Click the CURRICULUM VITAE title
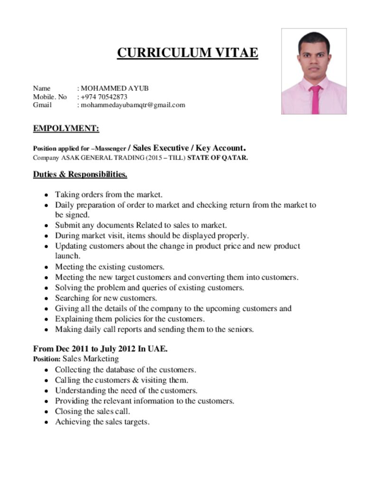coord(187,52)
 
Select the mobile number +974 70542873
coord(104,97)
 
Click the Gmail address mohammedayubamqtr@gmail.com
coord(132,105)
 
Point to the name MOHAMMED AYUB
coord(114,88)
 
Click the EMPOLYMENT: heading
coord(66,129)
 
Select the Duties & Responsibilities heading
coord(80,174)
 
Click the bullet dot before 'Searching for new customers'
coord(46,299)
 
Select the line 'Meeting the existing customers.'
coord(110,267)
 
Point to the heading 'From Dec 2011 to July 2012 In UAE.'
coord(100,349)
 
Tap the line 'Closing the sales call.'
coord(92,411)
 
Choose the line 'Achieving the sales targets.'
coord(102,422)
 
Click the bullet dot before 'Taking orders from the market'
coord(46,195)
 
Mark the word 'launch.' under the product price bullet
coord(67,256)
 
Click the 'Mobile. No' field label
coord(50,97)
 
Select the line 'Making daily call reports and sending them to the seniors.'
coord(155,329)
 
